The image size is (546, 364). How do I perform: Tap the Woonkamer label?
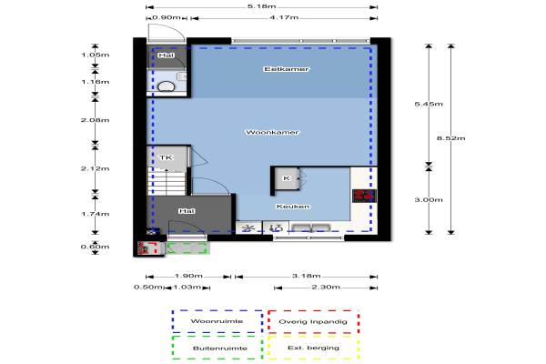point(273,132)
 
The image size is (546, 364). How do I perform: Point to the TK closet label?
point(165,158)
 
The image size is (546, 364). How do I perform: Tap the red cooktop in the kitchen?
point(363,195)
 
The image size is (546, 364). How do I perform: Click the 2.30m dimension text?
point(326,288)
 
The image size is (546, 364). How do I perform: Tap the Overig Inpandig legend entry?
point(312,322)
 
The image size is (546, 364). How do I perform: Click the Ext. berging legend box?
point(312,348)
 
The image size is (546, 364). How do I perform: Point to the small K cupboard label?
point(287,178)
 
